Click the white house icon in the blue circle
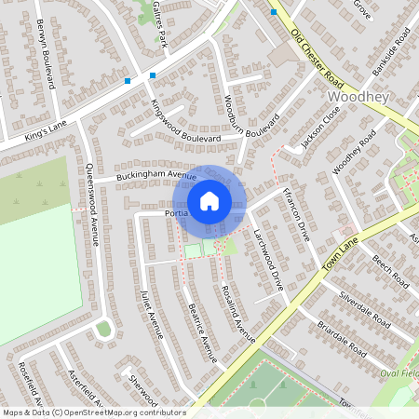coord(209,200)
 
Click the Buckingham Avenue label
coord(156,175)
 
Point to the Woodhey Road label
coord(354,152)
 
